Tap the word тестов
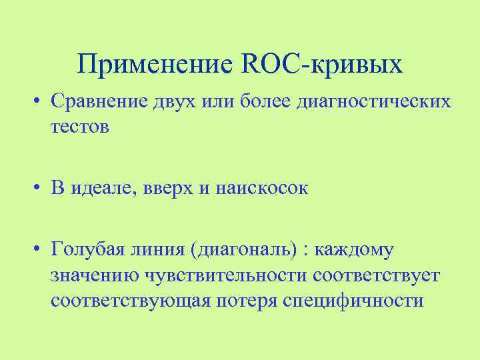click(79, 126)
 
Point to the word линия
click(161, 251)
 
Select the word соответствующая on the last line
click(129, 300)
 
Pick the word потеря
click(246, 300)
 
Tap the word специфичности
click(353, 300)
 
